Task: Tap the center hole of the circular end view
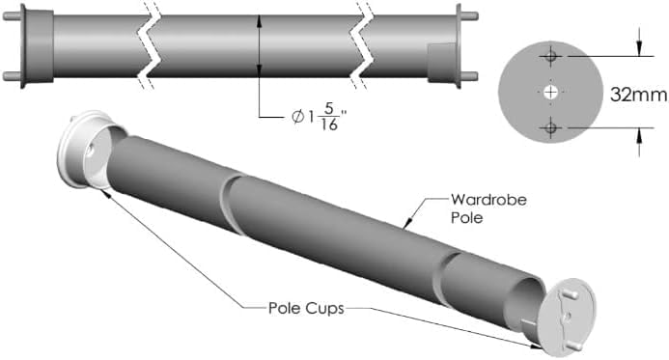point(550,93)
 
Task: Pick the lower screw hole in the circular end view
point(550,127)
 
